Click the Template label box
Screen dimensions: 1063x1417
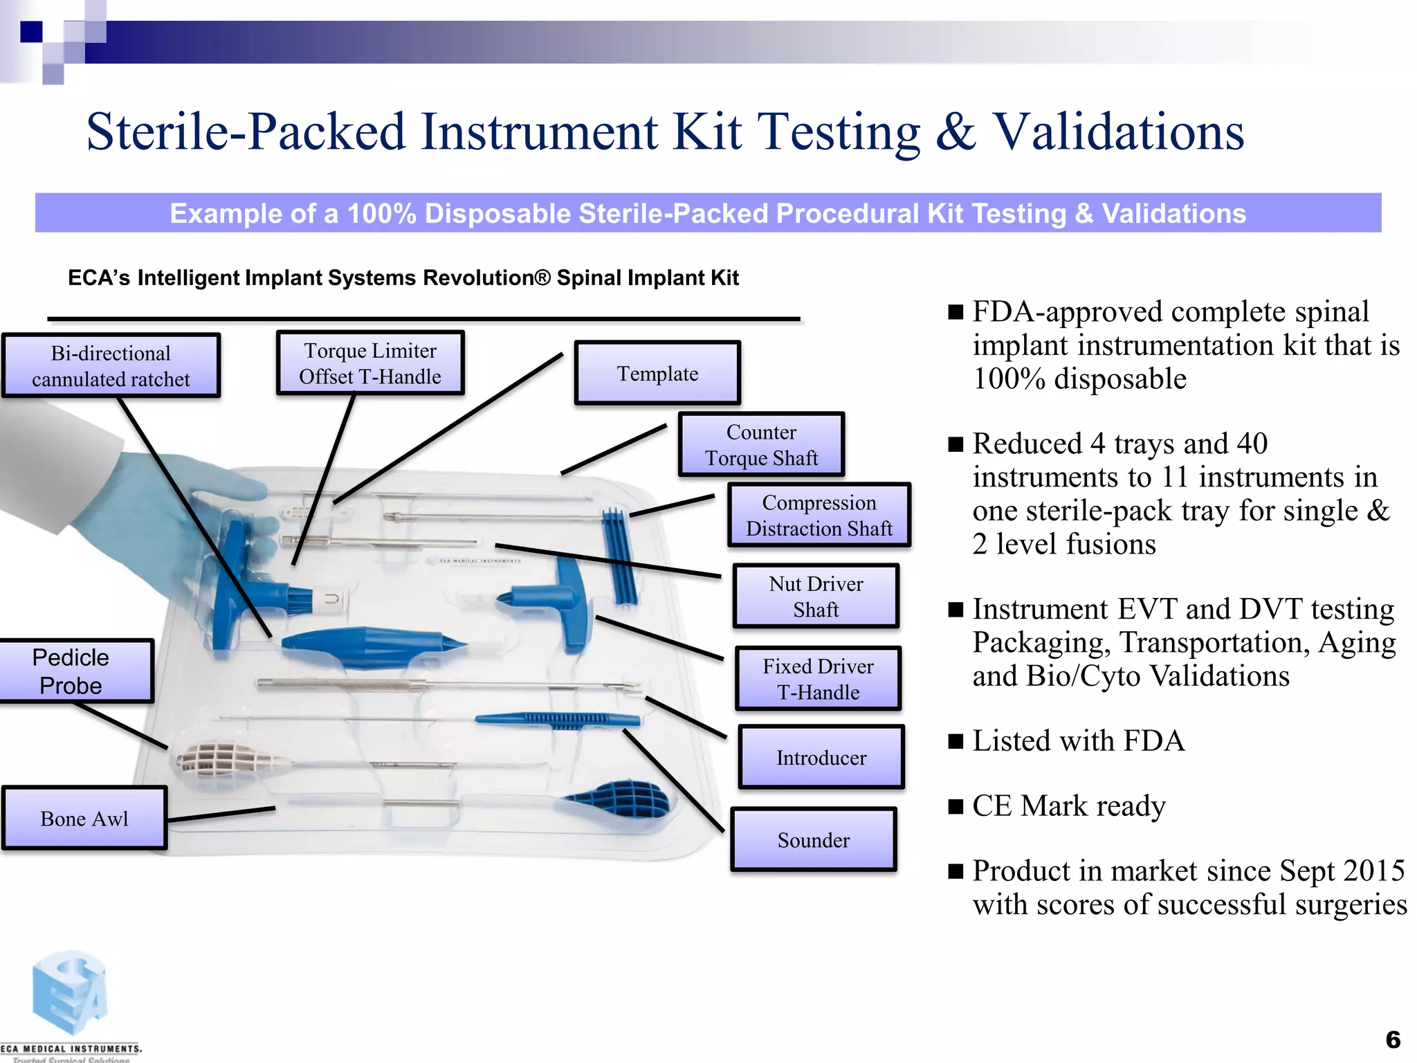click(x=657, y=373)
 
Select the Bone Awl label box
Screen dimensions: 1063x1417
click(x=84, y=818)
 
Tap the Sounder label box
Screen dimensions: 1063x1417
click(x=813, y=839)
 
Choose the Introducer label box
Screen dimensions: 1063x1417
click(x=821, y=757)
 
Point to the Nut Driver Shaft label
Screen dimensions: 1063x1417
click(x=816, y=596)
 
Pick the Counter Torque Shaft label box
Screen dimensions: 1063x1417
click(x=761, y=444)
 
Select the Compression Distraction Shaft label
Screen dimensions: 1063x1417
click(x=819, y=515)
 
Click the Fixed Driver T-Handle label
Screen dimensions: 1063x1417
click(x=818, y=678)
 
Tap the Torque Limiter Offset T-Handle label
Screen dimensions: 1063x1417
click(x=370, y=363)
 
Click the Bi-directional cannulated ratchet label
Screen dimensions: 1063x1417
click(x=111, y=365)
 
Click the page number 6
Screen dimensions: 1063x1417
click(x=1393, y=1039)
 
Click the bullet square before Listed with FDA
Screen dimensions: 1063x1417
click(x=956, y=741)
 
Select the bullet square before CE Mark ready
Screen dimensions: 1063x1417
click(x=956, y=806)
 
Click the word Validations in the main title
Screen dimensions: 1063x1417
click(x=1119, y=131)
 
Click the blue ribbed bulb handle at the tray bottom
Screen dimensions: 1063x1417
click(x=623, y=799)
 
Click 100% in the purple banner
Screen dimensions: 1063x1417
click(x=381, y=213)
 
